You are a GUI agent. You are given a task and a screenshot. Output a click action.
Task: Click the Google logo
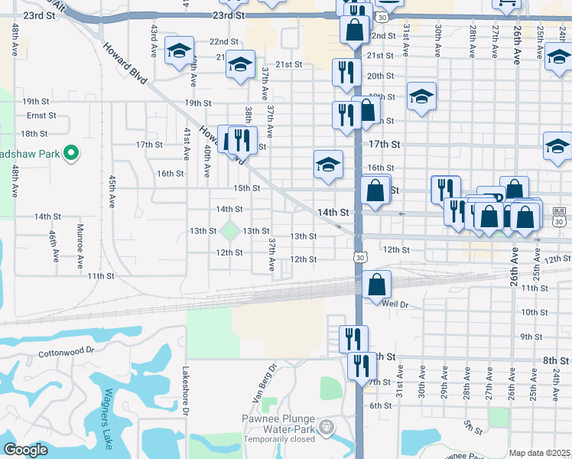click(25, 450)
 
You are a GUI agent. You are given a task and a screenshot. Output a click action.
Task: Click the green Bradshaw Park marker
click(71, 153)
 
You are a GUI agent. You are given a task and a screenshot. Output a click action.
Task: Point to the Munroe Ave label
click(80, 246)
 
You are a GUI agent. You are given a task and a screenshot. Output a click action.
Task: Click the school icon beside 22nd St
click(179, 52)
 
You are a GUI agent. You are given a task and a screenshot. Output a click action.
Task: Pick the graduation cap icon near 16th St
click(328, 164)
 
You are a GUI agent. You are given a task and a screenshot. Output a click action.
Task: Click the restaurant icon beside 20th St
click(346, 73)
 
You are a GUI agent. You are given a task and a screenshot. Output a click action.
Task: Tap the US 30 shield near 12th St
click(359, 258)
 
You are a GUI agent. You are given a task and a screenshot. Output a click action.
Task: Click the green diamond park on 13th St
click(229, 230)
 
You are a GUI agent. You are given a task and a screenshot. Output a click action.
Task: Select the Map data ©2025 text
click(540, 453)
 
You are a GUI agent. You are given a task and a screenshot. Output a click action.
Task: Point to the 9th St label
click(531, 337)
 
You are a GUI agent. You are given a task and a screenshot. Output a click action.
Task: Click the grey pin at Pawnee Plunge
click(327, 425)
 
